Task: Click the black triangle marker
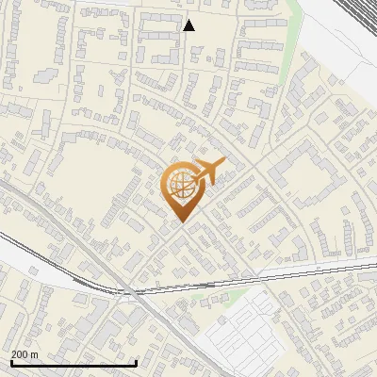click(188, 25)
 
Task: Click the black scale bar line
click(74, 363)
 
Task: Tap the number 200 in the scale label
click(21, 354)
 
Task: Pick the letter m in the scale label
click(35, 354)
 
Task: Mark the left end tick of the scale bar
click(10, 361)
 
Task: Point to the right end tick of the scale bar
click(137, 361)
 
